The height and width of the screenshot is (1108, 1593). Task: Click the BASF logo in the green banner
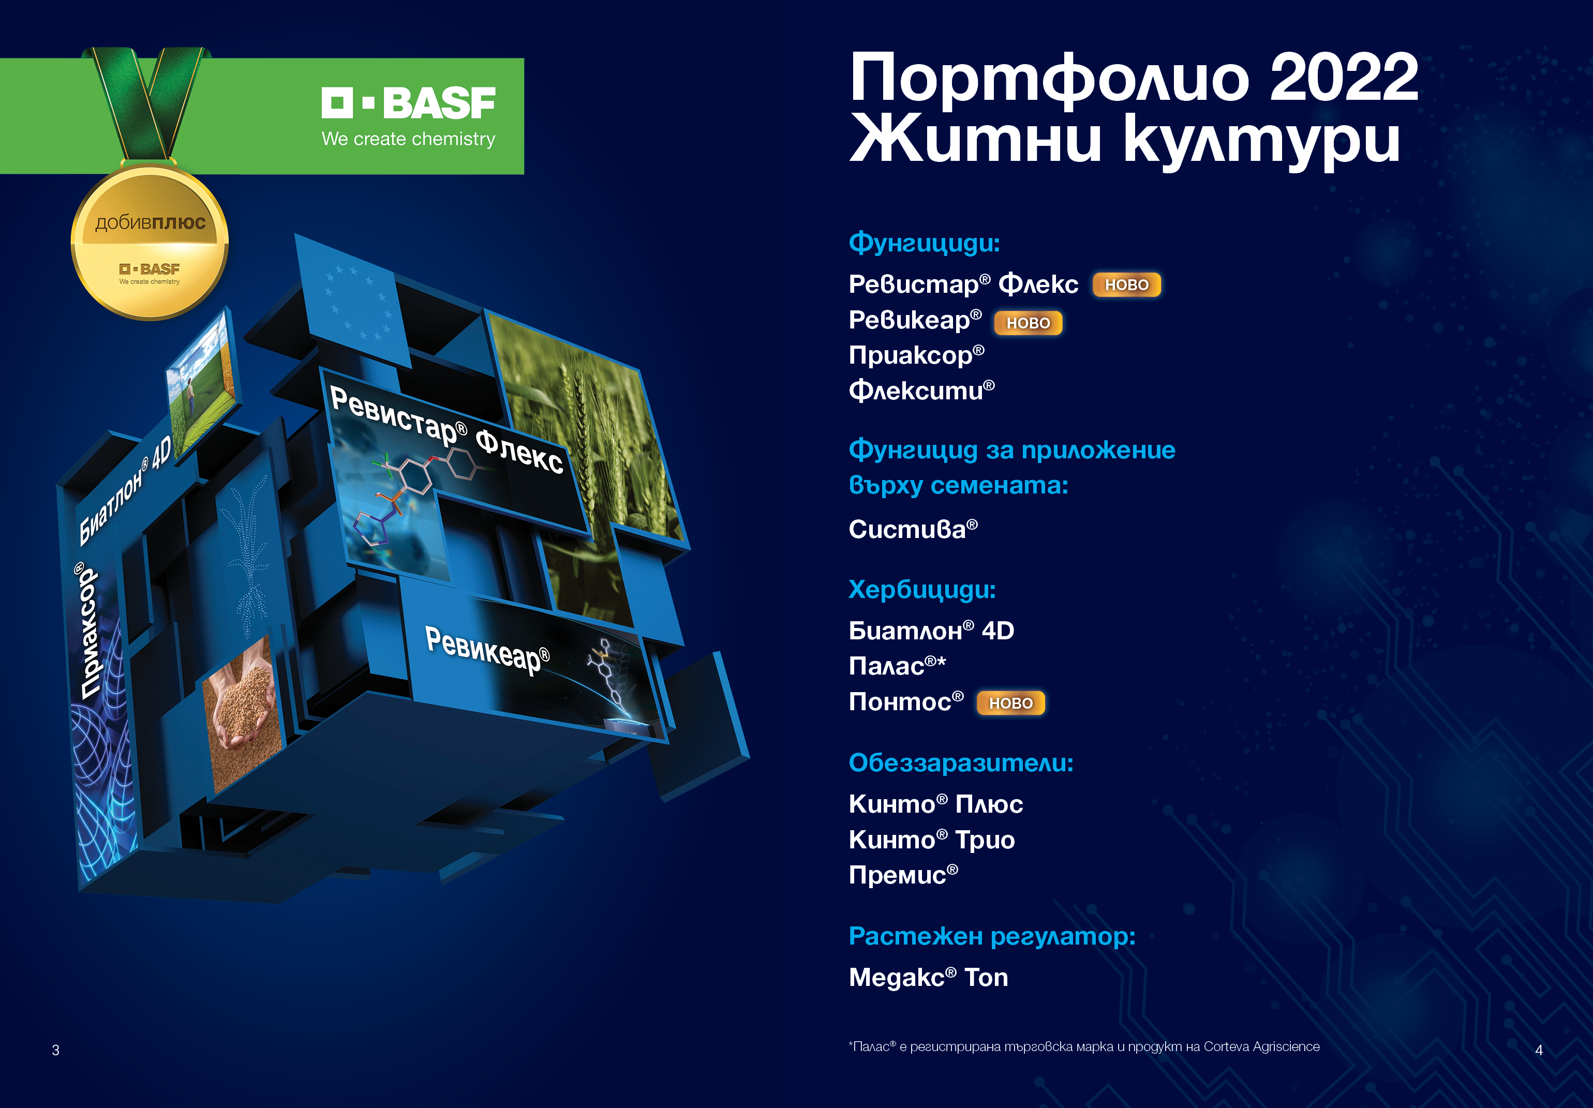(408, 116)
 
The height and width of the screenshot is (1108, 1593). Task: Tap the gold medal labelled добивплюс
(150, 242)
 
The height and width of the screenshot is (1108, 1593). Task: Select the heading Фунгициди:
(924, 243)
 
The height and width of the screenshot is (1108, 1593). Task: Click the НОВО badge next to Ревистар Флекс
(1126, 285)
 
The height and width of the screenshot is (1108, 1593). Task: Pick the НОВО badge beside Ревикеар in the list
(1028, 323)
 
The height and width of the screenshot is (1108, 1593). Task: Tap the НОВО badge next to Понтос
(1010, 703)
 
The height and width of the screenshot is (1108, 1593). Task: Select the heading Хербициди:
(922, 590)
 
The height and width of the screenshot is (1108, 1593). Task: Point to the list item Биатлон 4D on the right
(931, 631)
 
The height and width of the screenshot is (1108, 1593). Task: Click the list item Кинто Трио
(932, 840)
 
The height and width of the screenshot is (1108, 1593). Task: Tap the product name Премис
(903, 874)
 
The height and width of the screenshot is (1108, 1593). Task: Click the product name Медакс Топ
(928, 978)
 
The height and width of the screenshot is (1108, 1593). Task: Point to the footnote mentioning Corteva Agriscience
(1084, 1046)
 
